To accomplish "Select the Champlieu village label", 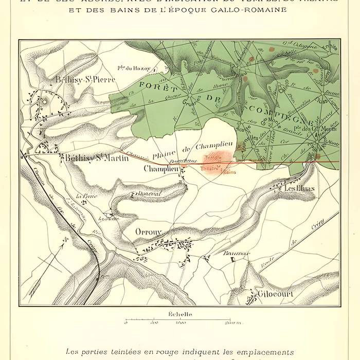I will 161,169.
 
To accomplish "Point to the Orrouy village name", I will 149,232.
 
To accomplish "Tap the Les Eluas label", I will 295,189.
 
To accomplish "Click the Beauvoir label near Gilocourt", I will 237,254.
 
